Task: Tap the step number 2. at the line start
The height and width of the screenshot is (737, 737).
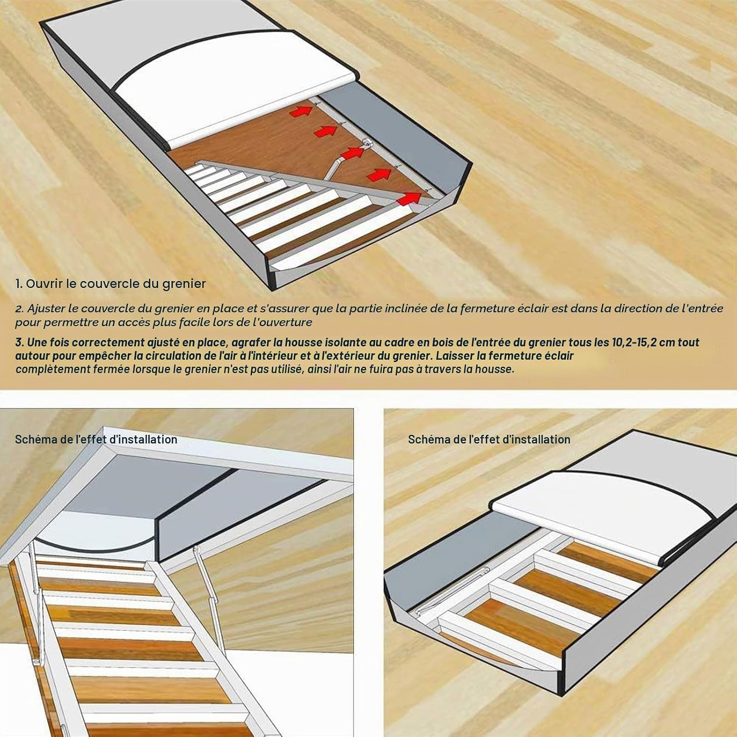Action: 20,309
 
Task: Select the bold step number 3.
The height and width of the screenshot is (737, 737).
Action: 20,342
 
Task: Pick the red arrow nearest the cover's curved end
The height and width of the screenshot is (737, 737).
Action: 408,198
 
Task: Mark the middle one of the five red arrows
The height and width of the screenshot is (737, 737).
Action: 352,153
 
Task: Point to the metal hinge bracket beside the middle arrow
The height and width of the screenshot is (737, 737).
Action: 368,143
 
